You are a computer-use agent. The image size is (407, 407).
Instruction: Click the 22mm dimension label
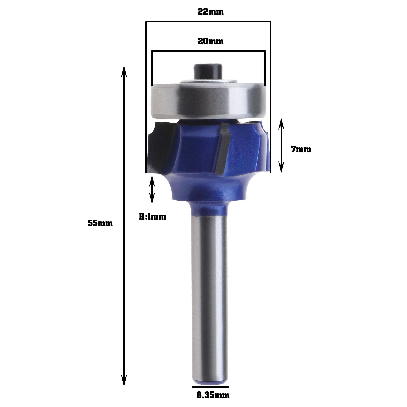pos(210,12)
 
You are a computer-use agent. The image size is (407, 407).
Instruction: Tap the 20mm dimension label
pos(210,41)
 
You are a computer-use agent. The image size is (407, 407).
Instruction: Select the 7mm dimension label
pos(301,149)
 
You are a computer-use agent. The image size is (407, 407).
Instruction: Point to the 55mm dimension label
pos(100,223)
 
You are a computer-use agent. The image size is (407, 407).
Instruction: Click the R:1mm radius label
pos(152,216)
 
